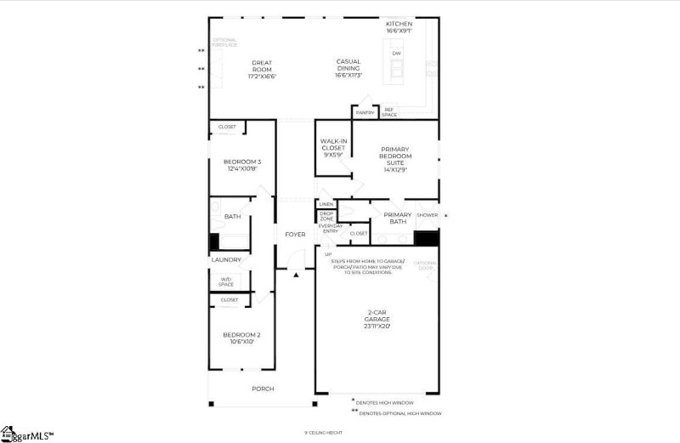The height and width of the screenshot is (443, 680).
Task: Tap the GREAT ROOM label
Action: coord(261,70)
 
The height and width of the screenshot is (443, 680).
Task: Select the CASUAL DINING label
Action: coord(348,68)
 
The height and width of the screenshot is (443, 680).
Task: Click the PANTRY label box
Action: coord(365,112)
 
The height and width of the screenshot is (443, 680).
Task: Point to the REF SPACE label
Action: coord(389,111)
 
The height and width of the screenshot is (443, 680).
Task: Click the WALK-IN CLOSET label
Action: coord(332,148)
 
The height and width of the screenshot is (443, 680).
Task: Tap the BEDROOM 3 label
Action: coord(242,165)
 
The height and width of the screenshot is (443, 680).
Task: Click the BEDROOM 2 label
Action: coord(242,338)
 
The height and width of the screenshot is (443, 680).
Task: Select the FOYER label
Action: coord(295,235)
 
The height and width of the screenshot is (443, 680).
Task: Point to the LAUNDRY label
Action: coord(226,259)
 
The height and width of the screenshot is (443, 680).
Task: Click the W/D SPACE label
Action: coord(226,281)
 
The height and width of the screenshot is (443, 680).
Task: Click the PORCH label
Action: coord(263,389)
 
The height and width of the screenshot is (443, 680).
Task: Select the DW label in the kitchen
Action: coord(396,54)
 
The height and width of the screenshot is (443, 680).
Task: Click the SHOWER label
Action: coord(427,215)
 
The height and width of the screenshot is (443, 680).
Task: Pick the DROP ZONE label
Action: coord(326,216)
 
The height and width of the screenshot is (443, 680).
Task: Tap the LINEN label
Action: coord(326,205)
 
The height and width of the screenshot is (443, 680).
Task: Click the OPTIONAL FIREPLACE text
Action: coord(224,42)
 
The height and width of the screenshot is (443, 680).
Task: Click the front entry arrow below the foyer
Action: coord(295,275)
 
